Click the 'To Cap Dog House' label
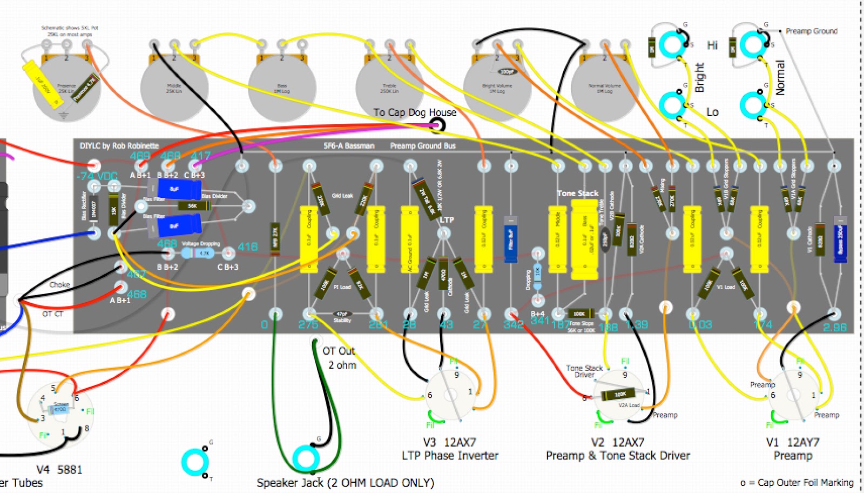click(x=415, y=112)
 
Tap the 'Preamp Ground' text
click(x=811, y=31)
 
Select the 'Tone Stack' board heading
click(x=578, y=193)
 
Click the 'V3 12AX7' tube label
click(x=449, y=442)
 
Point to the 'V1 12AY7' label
click(x=792, y=442)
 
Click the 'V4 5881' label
click(x=59, y=469)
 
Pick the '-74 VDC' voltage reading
click(x=97, y=176)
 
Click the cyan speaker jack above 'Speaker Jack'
click(x=306, y=458)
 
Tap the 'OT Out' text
click(x=339, y=351)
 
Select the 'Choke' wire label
click(x=59, y=284)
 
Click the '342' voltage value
click(x=513, y=324)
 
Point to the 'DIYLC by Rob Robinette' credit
click(x=119, y=146)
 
